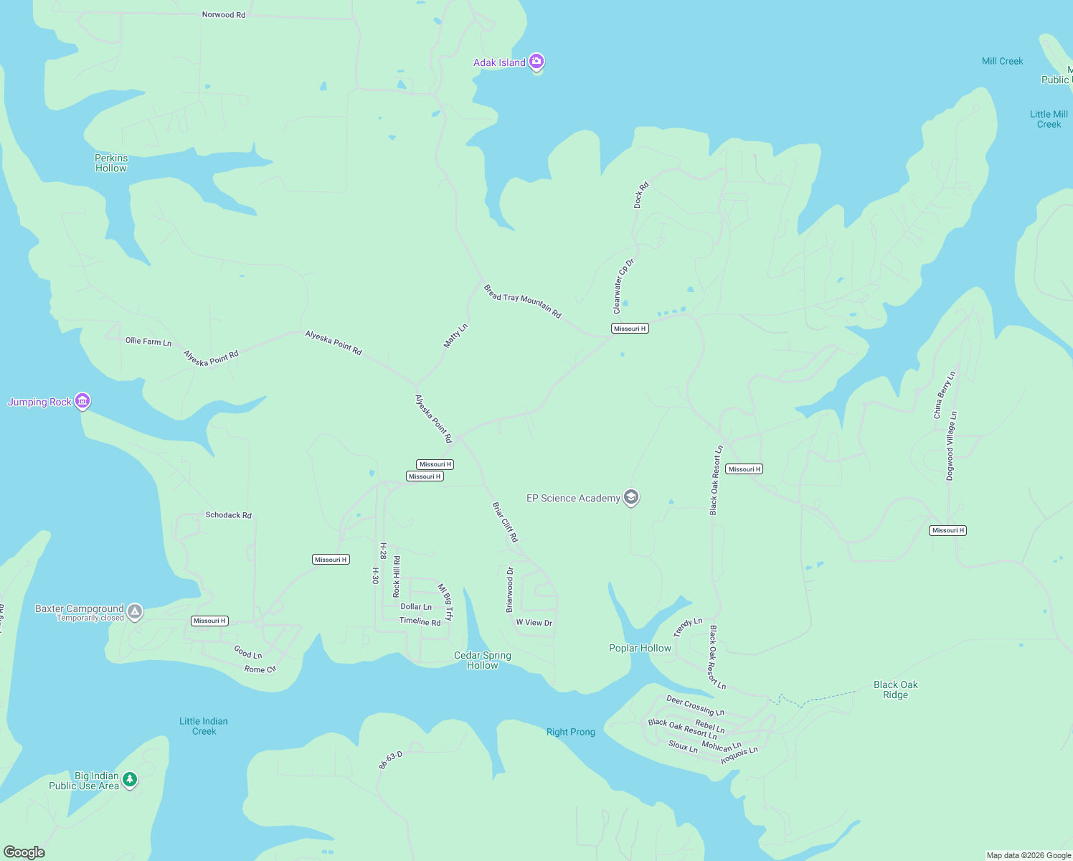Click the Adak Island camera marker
[x=536, y=62]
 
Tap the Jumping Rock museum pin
[x=82, y=401]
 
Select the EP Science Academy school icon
[x=631, y=497]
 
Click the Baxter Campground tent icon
[x=135, y=612]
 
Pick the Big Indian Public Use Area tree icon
[x=130, y=779]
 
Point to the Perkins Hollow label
[x=111, y=163]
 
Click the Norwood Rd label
[x=223, y=14]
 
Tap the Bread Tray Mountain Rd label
[x=522, y=301]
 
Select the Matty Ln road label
[x=455, y=336]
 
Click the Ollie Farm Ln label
[x=148, y=342]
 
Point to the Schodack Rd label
[x=228, y=515]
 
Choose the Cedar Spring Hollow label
[x=483, y=660]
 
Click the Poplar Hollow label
[x=640, y=648]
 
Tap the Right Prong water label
[x=571, y=732]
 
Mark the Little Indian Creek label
[x=204, y=726]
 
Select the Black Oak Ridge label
[x=895, y=690]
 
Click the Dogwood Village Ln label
[x=951, y=446]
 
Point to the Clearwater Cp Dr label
[x=623, y=286]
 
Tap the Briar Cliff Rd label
[x=505, y=522]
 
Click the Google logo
[x=24, y=852]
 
